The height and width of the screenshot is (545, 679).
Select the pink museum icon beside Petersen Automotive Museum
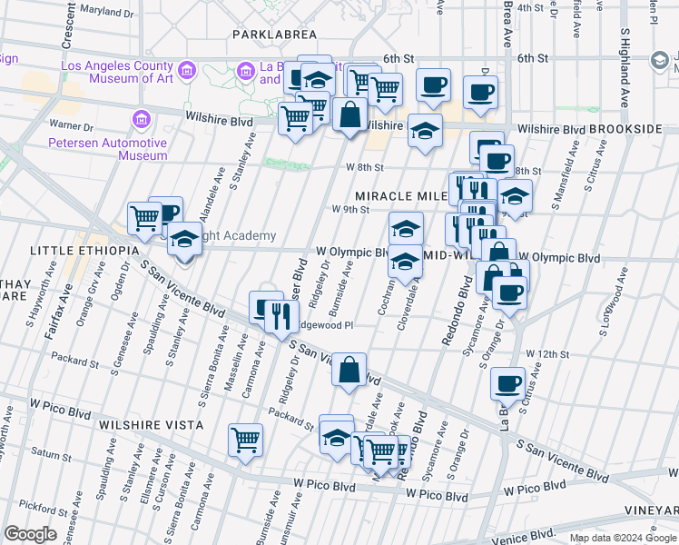(141, 120)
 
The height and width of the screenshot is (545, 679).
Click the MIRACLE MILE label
(400, 196)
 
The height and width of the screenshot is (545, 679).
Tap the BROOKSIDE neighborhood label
(625, 130)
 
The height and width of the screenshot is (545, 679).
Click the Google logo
(30, 534)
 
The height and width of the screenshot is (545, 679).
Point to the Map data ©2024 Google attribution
(623, 538)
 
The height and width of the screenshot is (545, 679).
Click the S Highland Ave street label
(625, 68)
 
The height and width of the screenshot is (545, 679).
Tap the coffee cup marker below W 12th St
(508, 383)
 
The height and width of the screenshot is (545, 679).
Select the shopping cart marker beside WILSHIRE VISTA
(245, 441)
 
